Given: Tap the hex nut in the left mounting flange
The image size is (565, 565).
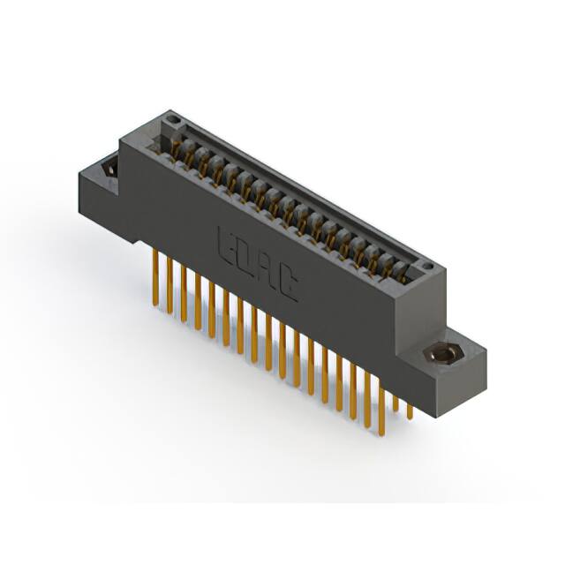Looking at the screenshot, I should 110,168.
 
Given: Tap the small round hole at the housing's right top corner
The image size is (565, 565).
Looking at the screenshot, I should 426,265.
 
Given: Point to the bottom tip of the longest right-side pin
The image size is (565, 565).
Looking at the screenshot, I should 381,435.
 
